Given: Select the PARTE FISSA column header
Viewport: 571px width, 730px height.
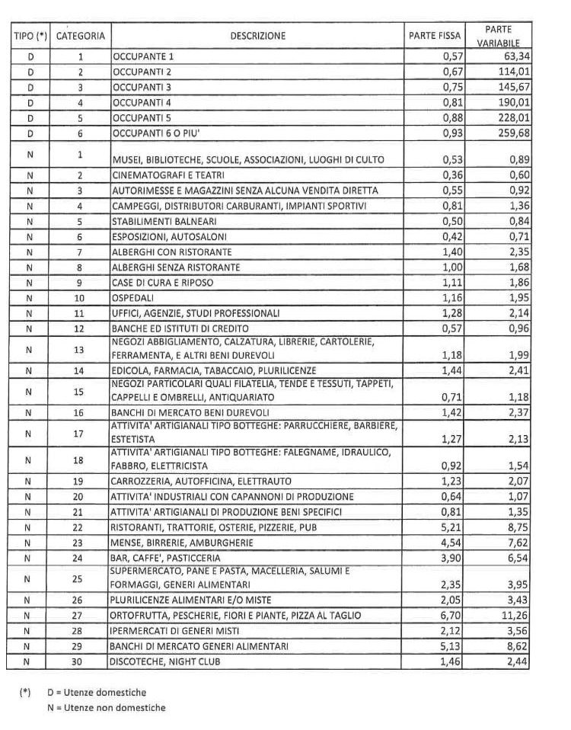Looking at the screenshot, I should [x=434, y=36].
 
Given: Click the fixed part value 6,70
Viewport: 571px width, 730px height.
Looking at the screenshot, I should [x=454, y=616].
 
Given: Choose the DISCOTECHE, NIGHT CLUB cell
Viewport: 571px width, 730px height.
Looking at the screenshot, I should [x=166, y=662].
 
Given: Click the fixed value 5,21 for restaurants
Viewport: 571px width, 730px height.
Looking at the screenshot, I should [x=454, y=527].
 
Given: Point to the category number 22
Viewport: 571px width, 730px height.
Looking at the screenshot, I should [x=80, y=527].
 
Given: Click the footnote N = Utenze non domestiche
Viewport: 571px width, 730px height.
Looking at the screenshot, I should [x=106, y=708].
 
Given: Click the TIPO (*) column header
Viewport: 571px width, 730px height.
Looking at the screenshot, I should [x=30, y=36].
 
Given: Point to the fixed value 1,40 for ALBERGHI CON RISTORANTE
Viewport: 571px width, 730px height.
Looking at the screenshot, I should [x=454, y=251].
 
